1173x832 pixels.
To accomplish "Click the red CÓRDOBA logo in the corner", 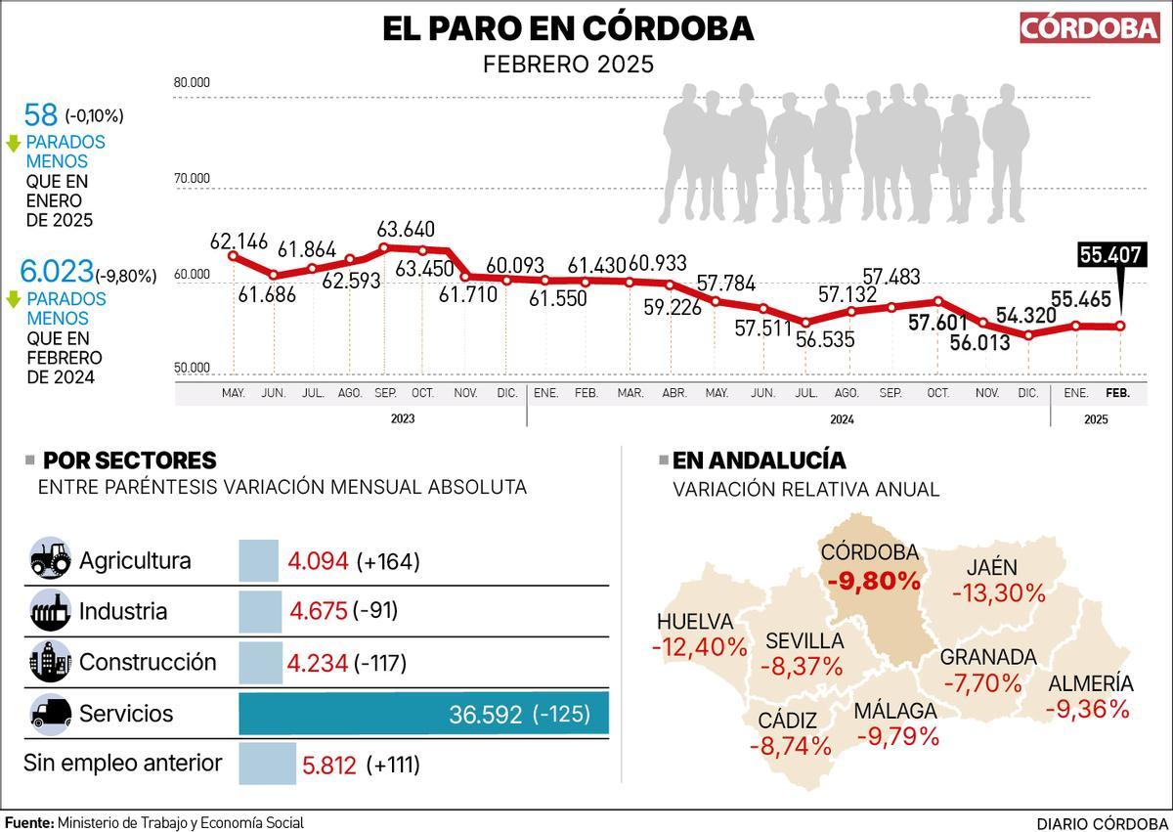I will click(x=1089, y=27).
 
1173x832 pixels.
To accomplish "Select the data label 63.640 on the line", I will click(x=407, y=229).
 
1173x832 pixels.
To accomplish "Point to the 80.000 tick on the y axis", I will click(x=192, y=83).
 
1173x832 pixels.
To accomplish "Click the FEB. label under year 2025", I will click(x=1117, y=393).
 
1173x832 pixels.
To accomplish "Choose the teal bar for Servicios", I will click(x=423, y=714).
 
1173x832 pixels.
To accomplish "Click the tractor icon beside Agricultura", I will click(x=51, y=560).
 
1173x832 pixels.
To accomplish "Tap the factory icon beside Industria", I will click(x=51, y=611).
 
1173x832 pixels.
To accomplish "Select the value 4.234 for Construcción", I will click(x=318, y=663).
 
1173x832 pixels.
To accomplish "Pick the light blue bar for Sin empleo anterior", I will click(x=267, y=764).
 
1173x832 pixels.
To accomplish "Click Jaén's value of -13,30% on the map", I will click(x=999, y=592).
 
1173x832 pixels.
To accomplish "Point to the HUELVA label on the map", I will click(x=695, y=622).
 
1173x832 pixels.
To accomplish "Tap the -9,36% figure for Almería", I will click(x=1087, y=709).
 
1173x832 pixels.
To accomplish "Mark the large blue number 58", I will click(x=41, y=114).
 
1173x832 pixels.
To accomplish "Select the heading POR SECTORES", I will click(x=130, y=460).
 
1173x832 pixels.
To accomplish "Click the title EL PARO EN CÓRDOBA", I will click(x=568, y=28).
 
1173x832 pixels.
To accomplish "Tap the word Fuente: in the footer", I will click(x=29, y=823).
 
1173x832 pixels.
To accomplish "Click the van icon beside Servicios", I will click(x=51, y=713).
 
